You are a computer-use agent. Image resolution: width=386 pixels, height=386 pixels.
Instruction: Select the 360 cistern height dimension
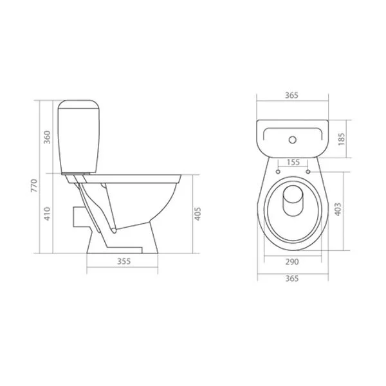[x=46, y=137]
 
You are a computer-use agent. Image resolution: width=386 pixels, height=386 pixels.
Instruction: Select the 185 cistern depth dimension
[x=340, y=138]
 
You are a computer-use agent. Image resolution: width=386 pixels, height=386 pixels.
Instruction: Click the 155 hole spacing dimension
[x=293, y=163]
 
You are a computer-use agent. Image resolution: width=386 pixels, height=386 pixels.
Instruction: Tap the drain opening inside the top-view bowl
[x=293, y=201]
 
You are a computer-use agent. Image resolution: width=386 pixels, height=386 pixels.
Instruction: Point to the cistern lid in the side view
[x=78, y=105]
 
